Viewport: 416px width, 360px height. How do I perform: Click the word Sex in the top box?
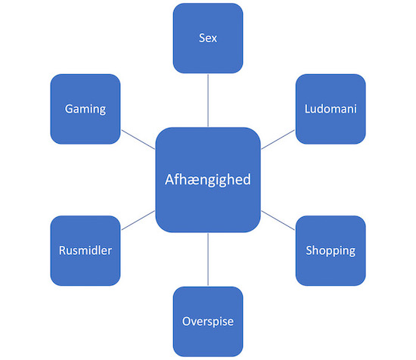(x=208, y=39)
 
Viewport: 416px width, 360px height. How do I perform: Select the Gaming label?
(x=85, y=109)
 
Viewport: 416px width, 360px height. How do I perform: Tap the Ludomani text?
(x=331, y=109)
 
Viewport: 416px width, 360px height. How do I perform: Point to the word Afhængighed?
(x=208, y=180)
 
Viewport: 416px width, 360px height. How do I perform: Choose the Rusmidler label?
(x=85, y=250)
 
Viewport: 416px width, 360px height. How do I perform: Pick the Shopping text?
(x=331, y=251)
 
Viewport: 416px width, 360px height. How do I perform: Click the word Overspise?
(x=208, y=321)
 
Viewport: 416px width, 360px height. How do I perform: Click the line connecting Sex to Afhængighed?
(x=208, y=101)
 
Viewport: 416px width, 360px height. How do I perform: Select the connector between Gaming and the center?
(x=138, y=140)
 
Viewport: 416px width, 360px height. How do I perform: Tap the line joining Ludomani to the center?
(x=278, y=140)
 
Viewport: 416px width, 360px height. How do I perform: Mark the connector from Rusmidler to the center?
(x=138, y=220)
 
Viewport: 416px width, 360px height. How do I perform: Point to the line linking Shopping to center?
(x=278, y=220)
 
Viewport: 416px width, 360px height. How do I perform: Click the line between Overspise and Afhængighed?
(x=208, y=259)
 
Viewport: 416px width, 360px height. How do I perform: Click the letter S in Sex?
(x=202, y=39)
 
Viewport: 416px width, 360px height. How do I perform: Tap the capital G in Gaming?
(x=69, y=109)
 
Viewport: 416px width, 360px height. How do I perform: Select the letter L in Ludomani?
(x=308, y=109)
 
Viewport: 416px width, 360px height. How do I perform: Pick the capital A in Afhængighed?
(x=169, y=179)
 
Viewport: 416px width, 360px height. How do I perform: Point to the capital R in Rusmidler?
(x=63, y=250)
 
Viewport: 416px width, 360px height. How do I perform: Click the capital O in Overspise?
(x=187, y=321)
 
